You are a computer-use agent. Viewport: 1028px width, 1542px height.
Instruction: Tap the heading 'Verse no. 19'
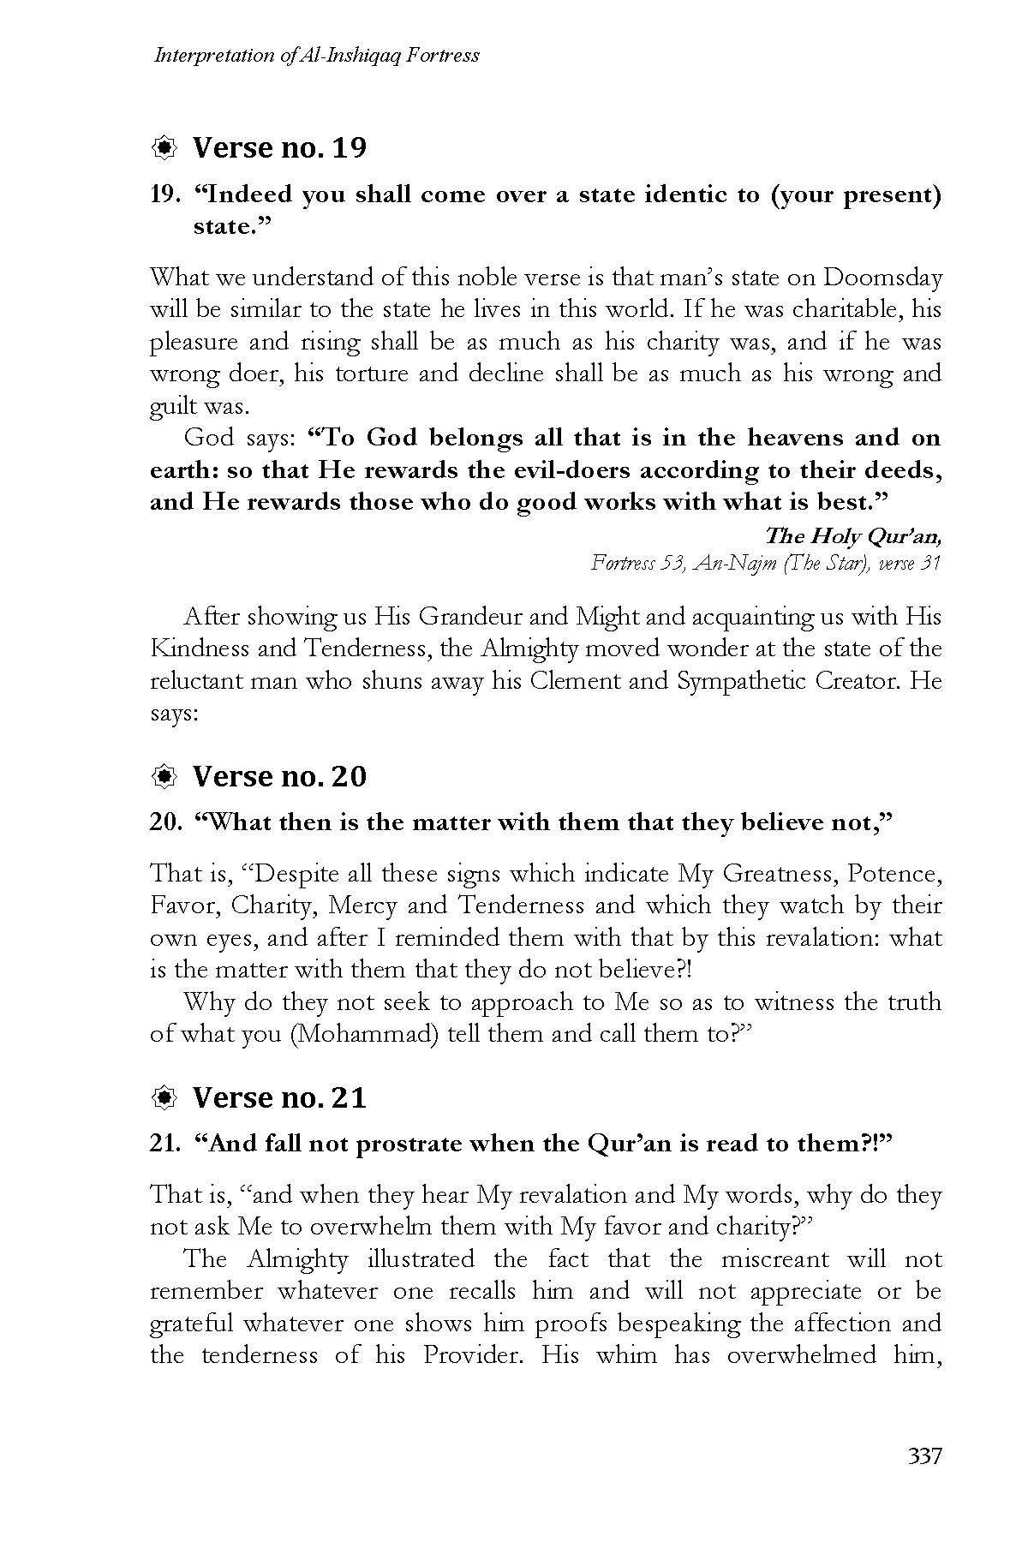coord(279,148)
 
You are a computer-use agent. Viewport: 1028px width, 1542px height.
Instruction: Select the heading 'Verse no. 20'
coord(279,776)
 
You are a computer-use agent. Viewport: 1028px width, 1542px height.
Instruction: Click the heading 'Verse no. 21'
coord(279,1097)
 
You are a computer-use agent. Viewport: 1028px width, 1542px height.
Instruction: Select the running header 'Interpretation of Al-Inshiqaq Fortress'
coord(315,56)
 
